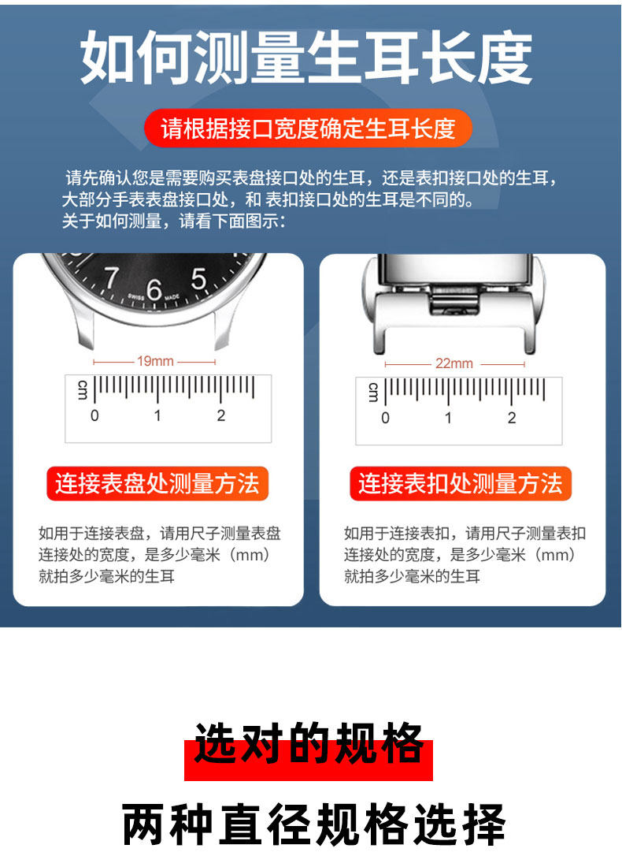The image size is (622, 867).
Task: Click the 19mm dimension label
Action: click(155, 361)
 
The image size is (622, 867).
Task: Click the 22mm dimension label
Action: click(454, 363)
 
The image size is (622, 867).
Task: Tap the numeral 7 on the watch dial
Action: click(111, 277)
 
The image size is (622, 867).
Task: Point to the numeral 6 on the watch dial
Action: click(154, 290)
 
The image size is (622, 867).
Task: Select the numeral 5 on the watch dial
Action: click(198, 278)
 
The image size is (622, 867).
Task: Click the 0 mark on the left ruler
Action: click(94, 415)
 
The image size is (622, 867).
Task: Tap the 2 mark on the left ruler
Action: click(221, 415)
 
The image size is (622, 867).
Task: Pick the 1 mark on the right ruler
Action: click(448, 418)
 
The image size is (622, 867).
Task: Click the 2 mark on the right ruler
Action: click(512, 418)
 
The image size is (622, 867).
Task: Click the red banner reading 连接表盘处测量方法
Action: click(157, 483)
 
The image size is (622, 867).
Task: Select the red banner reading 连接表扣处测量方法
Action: click(461, 483)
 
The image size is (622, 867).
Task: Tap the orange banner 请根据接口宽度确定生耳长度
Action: click(308, 128)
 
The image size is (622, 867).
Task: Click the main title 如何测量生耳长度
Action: click(306, 59)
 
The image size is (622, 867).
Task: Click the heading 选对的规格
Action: click(309, 745)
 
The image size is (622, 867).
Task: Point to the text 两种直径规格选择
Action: click(313, 824)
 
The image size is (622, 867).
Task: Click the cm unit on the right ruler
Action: click(372, 392)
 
